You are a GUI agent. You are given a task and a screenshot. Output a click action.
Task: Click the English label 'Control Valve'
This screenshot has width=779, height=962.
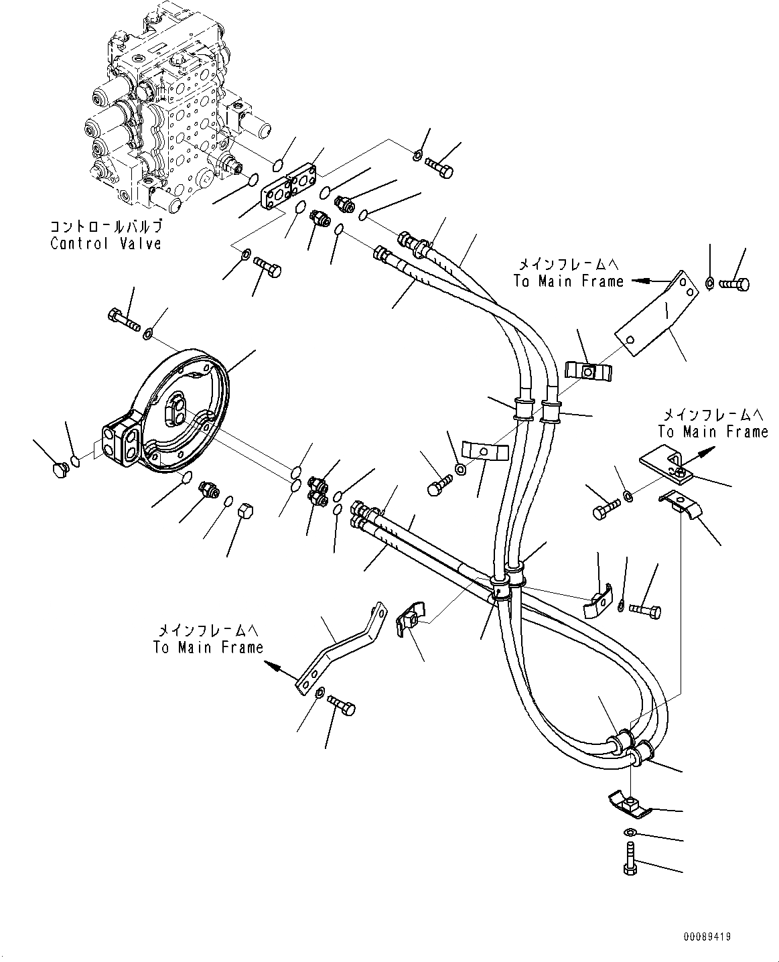(106, 243)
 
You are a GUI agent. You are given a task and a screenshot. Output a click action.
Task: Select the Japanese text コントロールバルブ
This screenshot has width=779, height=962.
(106, 227)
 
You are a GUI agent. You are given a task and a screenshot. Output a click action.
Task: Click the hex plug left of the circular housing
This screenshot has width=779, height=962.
(59, 470)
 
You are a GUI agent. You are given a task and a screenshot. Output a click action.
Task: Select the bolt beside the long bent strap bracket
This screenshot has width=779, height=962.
(342, 705)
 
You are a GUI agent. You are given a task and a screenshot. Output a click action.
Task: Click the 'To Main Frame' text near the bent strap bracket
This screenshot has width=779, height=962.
(208, 648)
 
